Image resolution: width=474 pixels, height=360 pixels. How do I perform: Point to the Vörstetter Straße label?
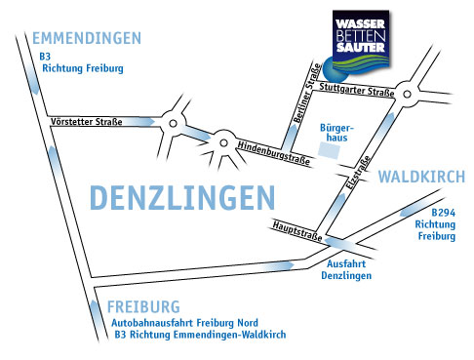pos(85,122)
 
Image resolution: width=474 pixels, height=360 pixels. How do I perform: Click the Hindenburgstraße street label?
pos(274,154)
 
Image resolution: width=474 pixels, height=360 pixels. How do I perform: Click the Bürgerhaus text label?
pos(336,133)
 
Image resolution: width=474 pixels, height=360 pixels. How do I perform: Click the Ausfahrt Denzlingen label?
pos(348,269)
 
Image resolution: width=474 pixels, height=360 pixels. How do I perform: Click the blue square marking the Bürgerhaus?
pos(333,159)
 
